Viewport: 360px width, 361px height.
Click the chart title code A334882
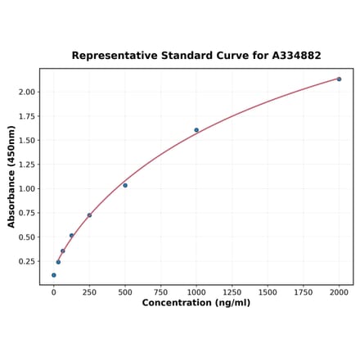point(292,56)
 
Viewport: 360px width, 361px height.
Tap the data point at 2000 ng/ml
point(339,79)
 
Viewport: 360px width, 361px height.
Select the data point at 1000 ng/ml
point(196,130)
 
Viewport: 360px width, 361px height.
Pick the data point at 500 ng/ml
point(125,185)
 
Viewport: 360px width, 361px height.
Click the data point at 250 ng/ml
point(89,215)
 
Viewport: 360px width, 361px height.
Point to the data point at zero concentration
point(54,275)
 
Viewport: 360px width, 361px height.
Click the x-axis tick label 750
point(160,292)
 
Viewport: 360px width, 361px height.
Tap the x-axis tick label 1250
point(232,292)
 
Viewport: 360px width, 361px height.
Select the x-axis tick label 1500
point(268,292)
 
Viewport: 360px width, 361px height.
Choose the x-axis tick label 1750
point(303,292)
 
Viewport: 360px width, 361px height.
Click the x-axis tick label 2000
point(339,292)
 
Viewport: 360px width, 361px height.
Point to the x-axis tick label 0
point(54,292)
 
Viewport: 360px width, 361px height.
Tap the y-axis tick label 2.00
point(27,92)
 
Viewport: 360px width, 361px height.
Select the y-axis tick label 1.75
point(27,116)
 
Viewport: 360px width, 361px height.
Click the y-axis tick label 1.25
point(27,165)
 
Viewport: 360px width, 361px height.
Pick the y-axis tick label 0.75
point(27,213)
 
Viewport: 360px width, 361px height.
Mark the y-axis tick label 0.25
point(27,262)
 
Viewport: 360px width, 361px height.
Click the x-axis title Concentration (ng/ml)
point(196,304)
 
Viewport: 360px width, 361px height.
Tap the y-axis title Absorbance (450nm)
point(11,177)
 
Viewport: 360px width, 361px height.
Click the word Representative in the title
point(110,56)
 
